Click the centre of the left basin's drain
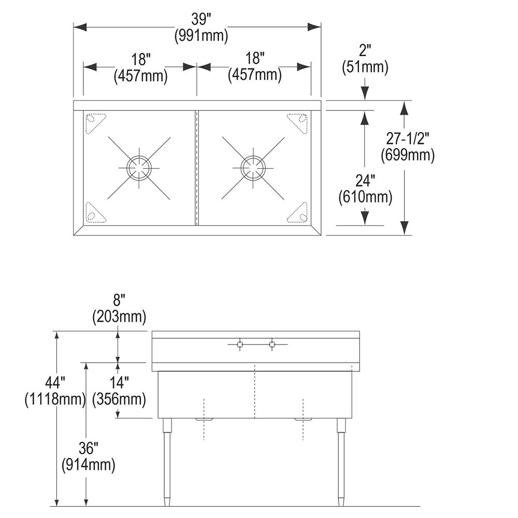139,168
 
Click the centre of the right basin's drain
253,168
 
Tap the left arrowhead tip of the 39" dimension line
74,27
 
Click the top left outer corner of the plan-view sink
74,100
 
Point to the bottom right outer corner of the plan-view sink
321,235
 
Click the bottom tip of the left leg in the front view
167,506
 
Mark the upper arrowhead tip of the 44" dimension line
57,332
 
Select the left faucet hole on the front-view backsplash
240,344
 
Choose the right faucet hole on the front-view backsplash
272,344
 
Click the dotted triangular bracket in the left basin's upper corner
95,123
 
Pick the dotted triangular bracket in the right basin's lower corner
297,212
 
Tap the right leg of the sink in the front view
341,462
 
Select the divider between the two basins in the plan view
197,168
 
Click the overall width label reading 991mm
201,36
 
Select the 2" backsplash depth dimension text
365,51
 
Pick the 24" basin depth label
365,181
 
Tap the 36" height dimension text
88,448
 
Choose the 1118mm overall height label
55,399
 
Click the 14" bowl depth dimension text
119,383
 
